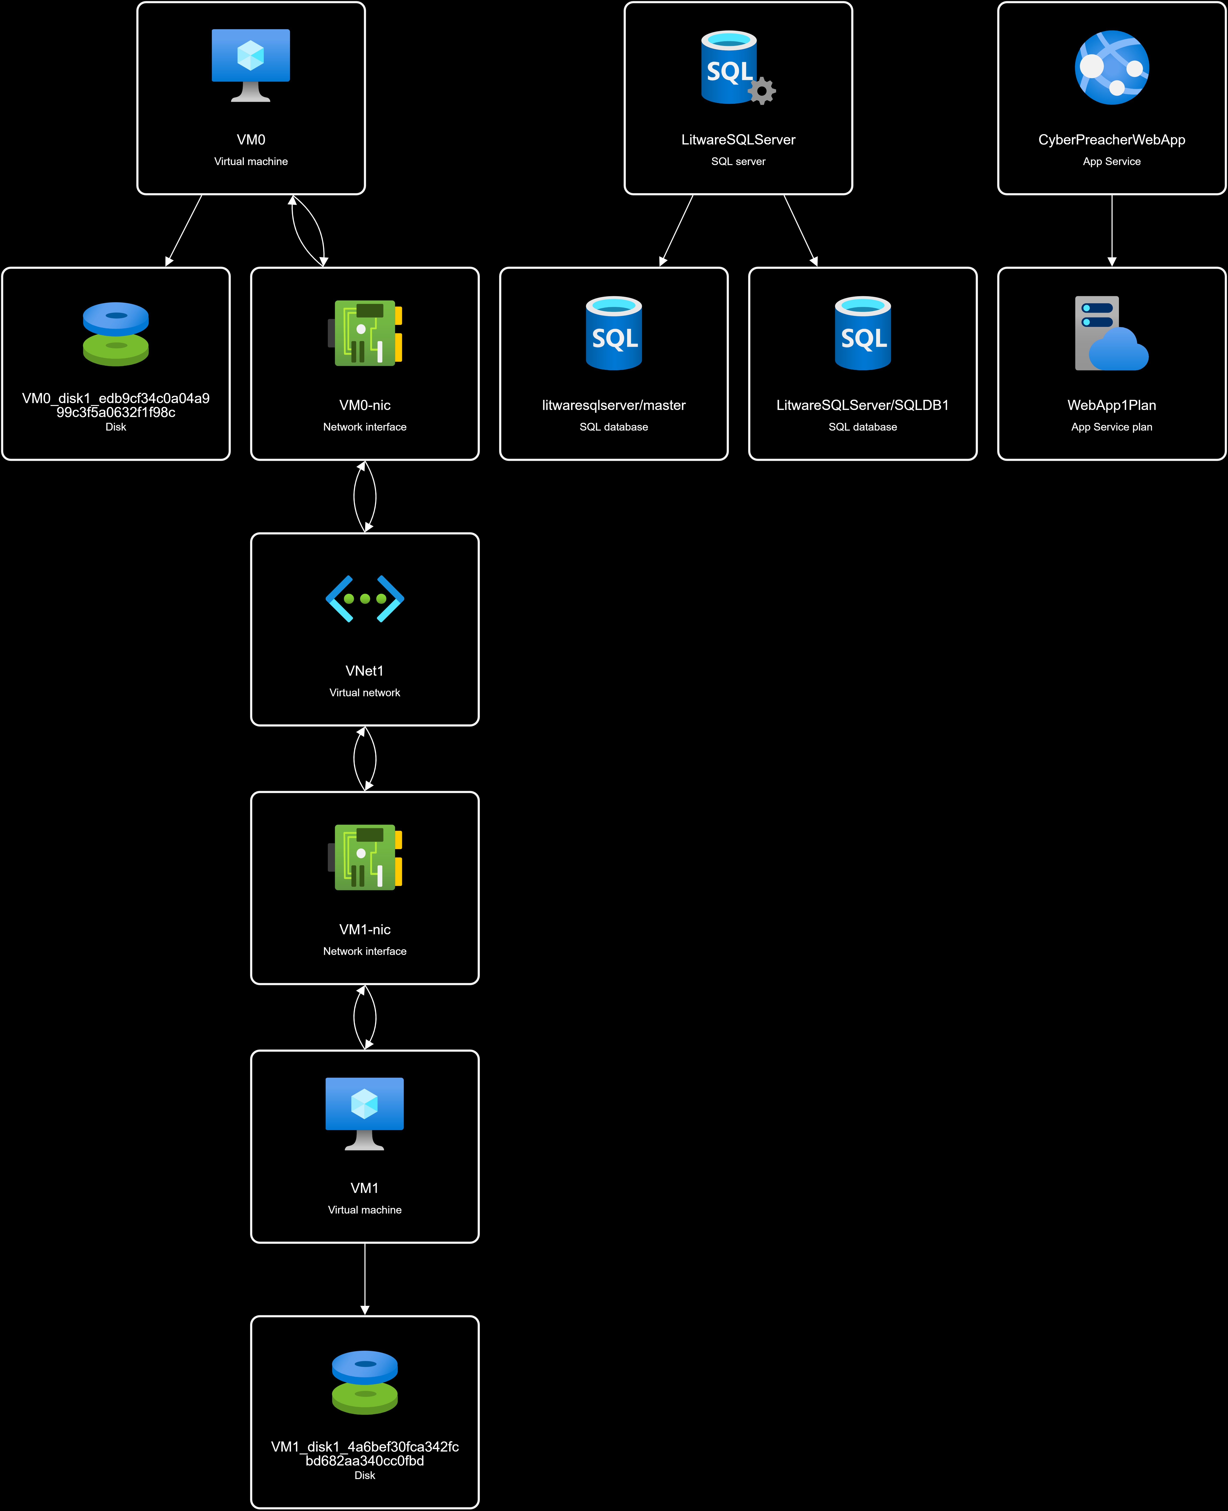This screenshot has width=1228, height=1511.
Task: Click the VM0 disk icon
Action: click(116, 334)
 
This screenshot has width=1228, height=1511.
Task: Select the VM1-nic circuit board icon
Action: click(365, 857)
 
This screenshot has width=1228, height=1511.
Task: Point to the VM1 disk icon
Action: click(365, 1382)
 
